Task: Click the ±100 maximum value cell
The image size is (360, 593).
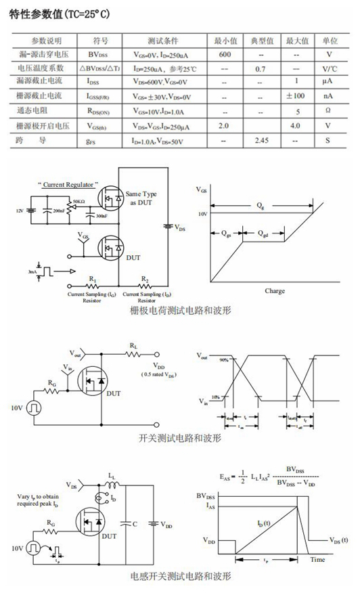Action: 295,96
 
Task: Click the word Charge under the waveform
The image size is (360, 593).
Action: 275,291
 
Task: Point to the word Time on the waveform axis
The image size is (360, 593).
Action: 318,560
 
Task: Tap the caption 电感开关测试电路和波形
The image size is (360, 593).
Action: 179,577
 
